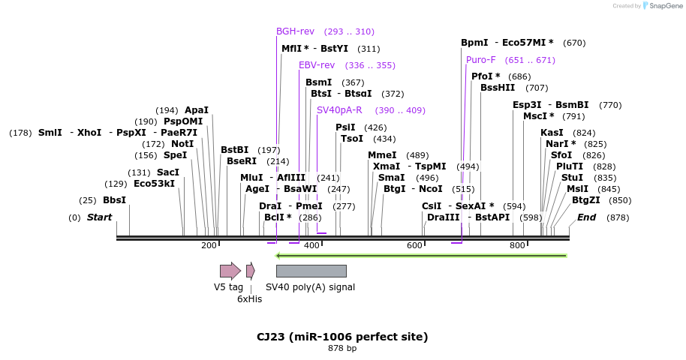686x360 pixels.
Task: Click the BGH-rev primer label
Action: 295,31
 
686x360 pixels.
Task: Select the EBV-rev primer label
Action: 317,65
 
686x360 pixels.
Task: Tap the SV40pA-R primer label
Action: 339,110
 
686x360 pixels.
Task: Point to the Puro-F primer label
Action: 480,60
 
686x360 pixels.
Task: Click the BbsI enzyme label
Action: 114,200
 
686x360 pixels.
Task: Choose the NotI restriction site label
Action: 182,144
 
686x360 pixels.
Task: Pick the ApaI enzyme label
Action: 197,110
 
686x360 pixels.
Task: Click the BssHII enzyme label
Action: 498,88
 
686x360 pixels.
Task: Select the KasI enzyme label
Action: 551,133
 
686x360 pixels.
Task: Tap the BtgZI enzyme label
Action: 586,200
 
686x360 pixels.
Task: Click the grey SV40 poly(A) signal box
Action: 311,271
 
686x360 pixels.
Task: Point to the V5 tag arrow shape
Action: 230,271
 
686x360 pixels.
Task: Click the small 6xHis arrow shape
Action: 250,271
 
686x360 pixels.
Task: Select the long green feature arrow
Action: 421,256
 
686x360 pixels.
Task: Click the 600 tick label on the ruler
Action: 414,245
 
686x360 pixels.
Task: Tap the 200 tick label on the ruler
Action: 209,245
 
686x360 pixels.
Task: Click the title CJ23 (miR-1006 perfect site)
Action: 342,337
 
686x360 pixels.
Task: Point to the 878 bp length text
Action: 342,348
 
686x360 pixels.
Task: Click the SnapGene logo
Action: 660,6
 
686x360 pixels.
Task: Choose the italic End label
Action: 586,217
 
